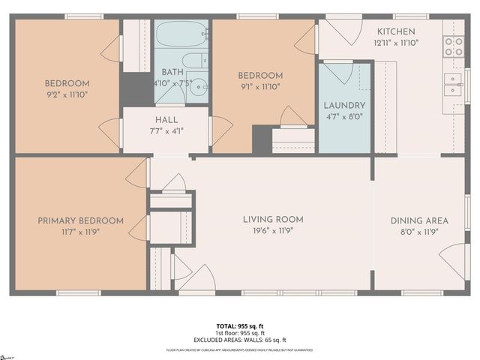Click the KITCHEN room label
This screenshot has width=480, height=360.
coord(395,31)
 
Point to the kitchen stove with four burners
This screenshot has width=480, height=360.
coord(453,46)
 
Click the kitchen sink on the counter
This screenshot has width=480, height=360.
coord(453,85)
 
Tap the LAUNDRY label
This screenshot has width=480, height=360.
coord(344,106)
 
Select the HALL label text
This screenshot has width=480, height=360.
coord(166,120)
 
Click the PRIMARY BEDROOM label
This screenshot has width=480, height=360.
coord(81,220)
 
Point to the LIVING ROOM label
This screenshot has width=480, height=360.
coord(273,220)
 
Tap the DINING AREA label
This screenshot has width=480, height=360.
coord(419,220)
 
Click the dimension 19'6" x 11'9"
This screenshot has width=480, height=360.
coord(273,231)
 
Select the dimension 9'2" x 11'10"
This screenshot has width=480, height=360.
coord(67,94)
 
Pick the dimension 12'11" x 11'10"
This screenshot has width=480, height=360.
coord(395,43)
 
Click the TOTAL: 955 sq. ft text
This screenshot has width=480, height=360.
coord(239,325)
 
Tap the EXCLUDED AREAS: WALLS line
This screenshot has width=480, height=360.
coord(239,340)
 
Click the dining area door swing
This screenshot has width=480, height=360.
coord(451,262)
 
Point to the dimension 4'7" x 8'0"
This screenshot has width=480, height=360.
coord(344,116)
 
